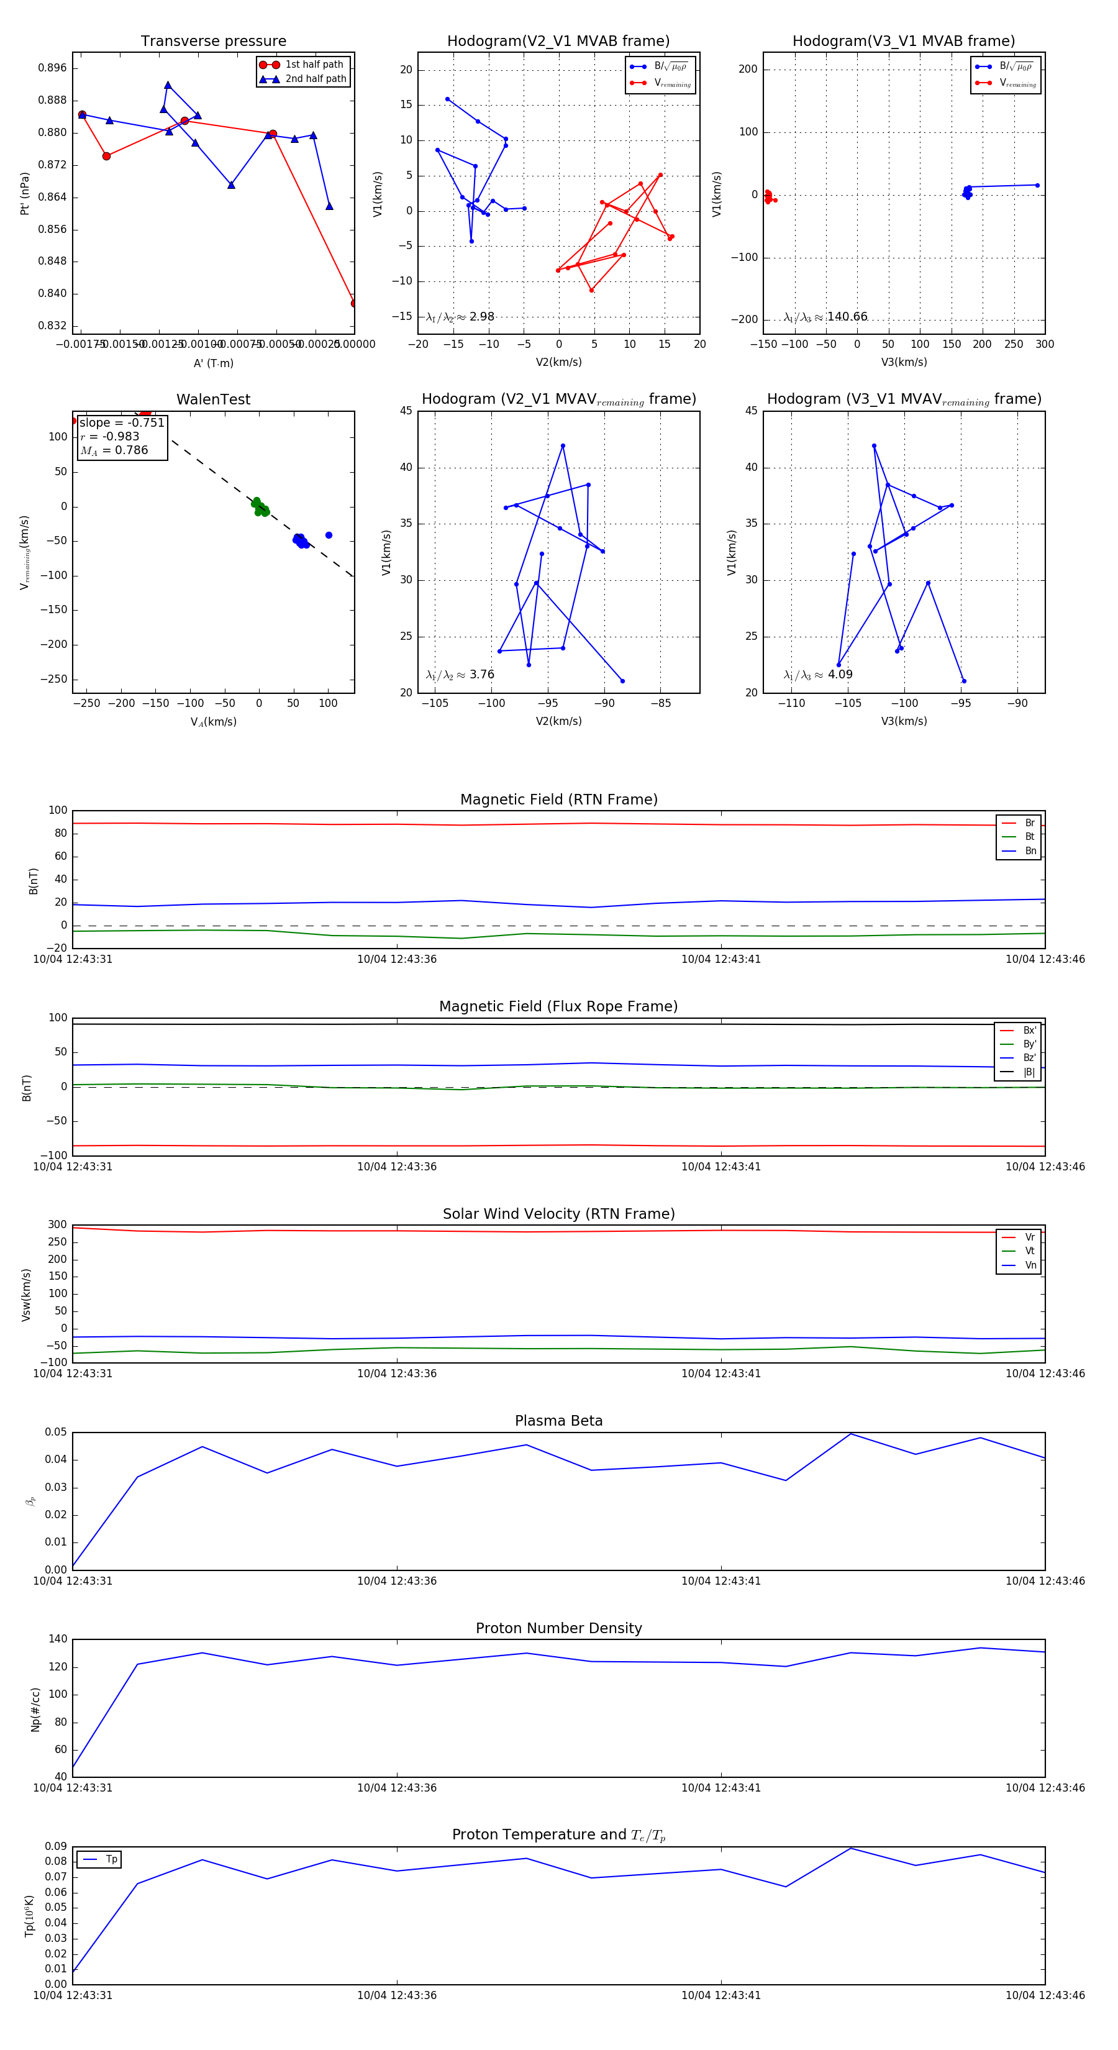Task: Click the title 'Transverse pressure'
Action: (213, 42)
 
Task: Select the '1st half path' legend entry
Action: (314, 65)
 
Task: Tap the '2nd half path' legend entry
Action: (315, 79)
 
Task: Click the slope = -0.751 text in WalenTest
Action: (122, 422)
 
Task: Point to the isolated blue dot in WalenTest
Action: (329, 535)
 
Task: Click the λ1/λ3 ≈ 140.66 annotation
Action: (825, 317)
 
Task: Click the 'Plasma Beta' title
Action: (558, 1421)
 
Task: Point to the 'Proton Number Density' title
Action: (558, 1628)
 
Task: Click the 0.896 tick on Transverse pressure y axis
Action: (53, 68)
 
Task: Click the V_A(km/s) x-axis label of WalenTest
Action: (213, 722)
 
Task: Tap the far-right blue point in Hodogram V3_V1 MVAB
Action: (1037, 185)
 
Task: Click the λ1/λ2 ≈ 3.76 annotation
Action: (460, 675)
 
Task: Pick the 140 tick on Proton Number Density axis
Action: (58, 1639)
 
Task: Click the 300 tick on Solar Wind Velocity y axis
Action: (57, 1225)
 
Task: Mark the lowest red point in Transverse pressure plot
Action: (354, 303)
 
